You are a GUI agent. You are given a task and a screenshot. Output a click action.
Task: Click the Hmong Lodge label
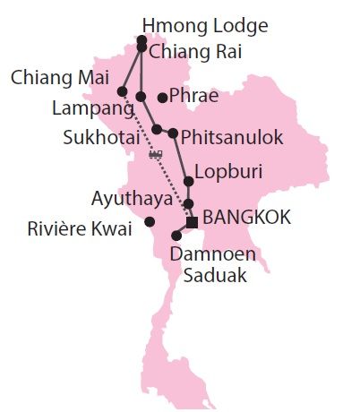[x=205, y=25]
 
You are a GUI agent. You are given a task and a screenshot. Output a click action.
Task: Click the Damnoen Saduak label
[x=213, y=265]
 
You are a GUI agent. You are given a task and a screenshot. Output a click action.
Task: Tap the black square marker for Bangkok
[x=191, y=221]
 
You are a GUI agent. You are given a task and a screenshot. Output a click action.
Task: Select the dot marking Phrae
[x=162, y=98]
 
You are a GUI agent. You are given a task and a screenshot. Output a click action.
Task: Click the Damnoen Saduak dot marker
[x=176, y=236]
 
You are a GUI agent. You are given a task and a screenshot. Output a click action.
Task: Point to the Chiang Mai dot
[x=122, y=91]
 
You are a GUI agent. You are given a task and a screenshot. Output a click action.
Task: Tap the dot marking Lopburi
[x=189, y=178]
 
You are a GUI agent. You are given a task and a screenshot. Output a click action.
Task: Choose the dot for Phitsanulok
[x=173, y=133]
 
